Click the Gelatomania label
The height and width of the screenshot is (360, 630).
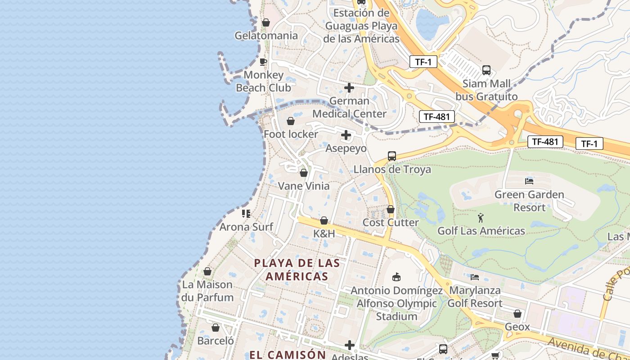pyautogui.click(x=266, y=36)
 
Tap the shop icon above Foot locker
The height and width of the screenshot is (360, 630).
pyautogui.click(x=291, y=121)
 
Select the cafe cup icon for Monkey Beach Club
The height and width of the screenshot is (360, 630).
pyautogui.click(x=264, y=62)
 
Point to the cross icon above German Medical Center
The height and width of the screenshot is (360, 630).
pyautogui.click(x=349, y=88)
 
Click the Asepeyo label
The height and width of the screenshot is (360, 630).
pyautogui.click(x=346, y=148)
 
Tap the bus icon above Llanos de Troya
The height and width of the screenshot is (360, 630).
pyautogui.click(x=392, y=156)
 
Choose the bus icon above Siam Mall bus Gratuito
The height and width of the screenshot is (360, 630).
pyautogui.click(x=486, y=70)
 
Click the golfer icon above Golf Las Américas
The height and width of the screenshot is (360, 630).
pyautogui.click(x=481, y=218)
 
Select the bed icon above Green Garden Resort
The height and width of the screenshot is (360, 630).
pyautogui.click(x=529, y=181)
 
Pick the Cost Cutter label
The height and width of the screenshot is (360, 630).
pyautogui.click(x=391, y=222)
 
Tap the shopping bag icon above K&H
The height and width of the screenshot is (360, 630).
pyautogui.click(x=324, y=221)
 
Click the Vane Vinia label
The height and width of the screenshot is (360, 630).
pyautogui.click(x=304, y=186)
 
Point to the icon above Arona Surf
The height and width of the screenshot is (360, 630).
pyautogui.click(x=246, y=213)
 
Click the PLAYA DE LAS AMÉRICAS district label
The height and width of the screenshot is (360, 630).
pyautogui.click(x=297, y=270)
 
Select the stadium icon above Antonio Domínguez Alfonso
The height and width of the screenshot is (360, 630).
pyautogui.click(x=396, y=277)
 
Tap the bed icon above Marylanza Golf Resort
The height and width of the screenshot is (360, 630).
pyautogui.click(x=475, y=277)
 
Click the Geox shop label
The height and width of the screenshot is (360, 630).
pyautogui.click(x=517, y=327)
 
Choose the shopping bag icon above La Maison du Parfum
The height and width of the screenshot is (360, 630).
pyautogui.click(x=207, y=271)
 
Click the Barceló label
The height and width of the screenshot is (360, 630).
pyautogui.click(x=216, y=341)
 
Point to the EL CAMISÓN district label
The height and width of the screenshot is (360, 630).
pyautogui.click(x=288, y=354)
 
